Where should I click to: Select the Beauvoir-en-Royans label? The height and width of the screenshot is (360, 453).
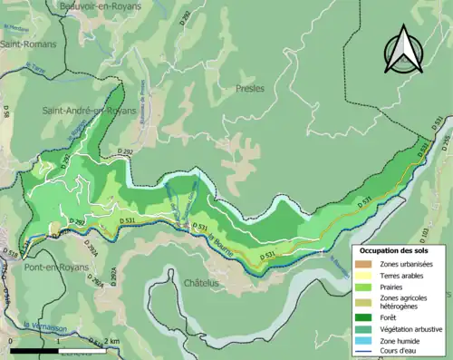[x=82, y=6]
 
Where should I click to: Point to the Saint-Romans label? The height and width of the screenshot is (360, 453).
[x=28, y=44]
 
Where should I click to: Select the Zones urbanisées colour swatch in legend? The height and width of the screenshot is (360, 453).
[x=363, y=264]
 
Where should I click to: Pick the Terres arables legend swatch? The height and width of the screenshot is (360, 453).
[x=363, y=277]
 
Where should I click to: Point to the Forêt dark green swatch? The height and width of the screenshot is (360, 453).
[x=363, y=317]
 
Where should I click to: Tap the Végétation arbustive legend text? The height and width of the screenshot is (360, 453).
[x=410, y=329]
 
